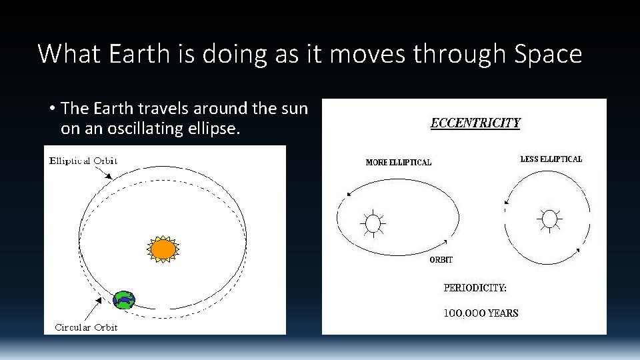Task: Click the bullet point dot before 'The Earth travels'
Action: coord(51,108)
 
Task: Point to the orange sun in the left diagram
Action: coord(163,249)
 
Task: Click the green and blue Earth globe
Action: coord(124,300)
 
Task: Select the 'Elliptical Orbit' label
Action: coord(83,161)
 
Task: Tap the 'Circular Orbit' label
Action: coord(86,327)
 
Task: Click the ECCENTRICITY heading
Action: coord(475,123)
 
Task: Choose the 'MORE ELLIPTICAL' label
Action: coord(398,162)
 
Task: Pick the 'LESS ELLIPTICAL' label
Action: coord(551,159)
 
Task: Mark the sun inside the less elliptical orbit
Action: coord(549,219)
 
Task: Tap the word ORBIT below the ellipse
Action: coord(440,260)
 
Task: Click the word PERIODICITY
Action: coord(475,288)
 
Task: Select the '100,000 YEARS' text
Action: coord(481,313)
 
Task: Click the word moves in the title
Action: coord(368,54)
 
